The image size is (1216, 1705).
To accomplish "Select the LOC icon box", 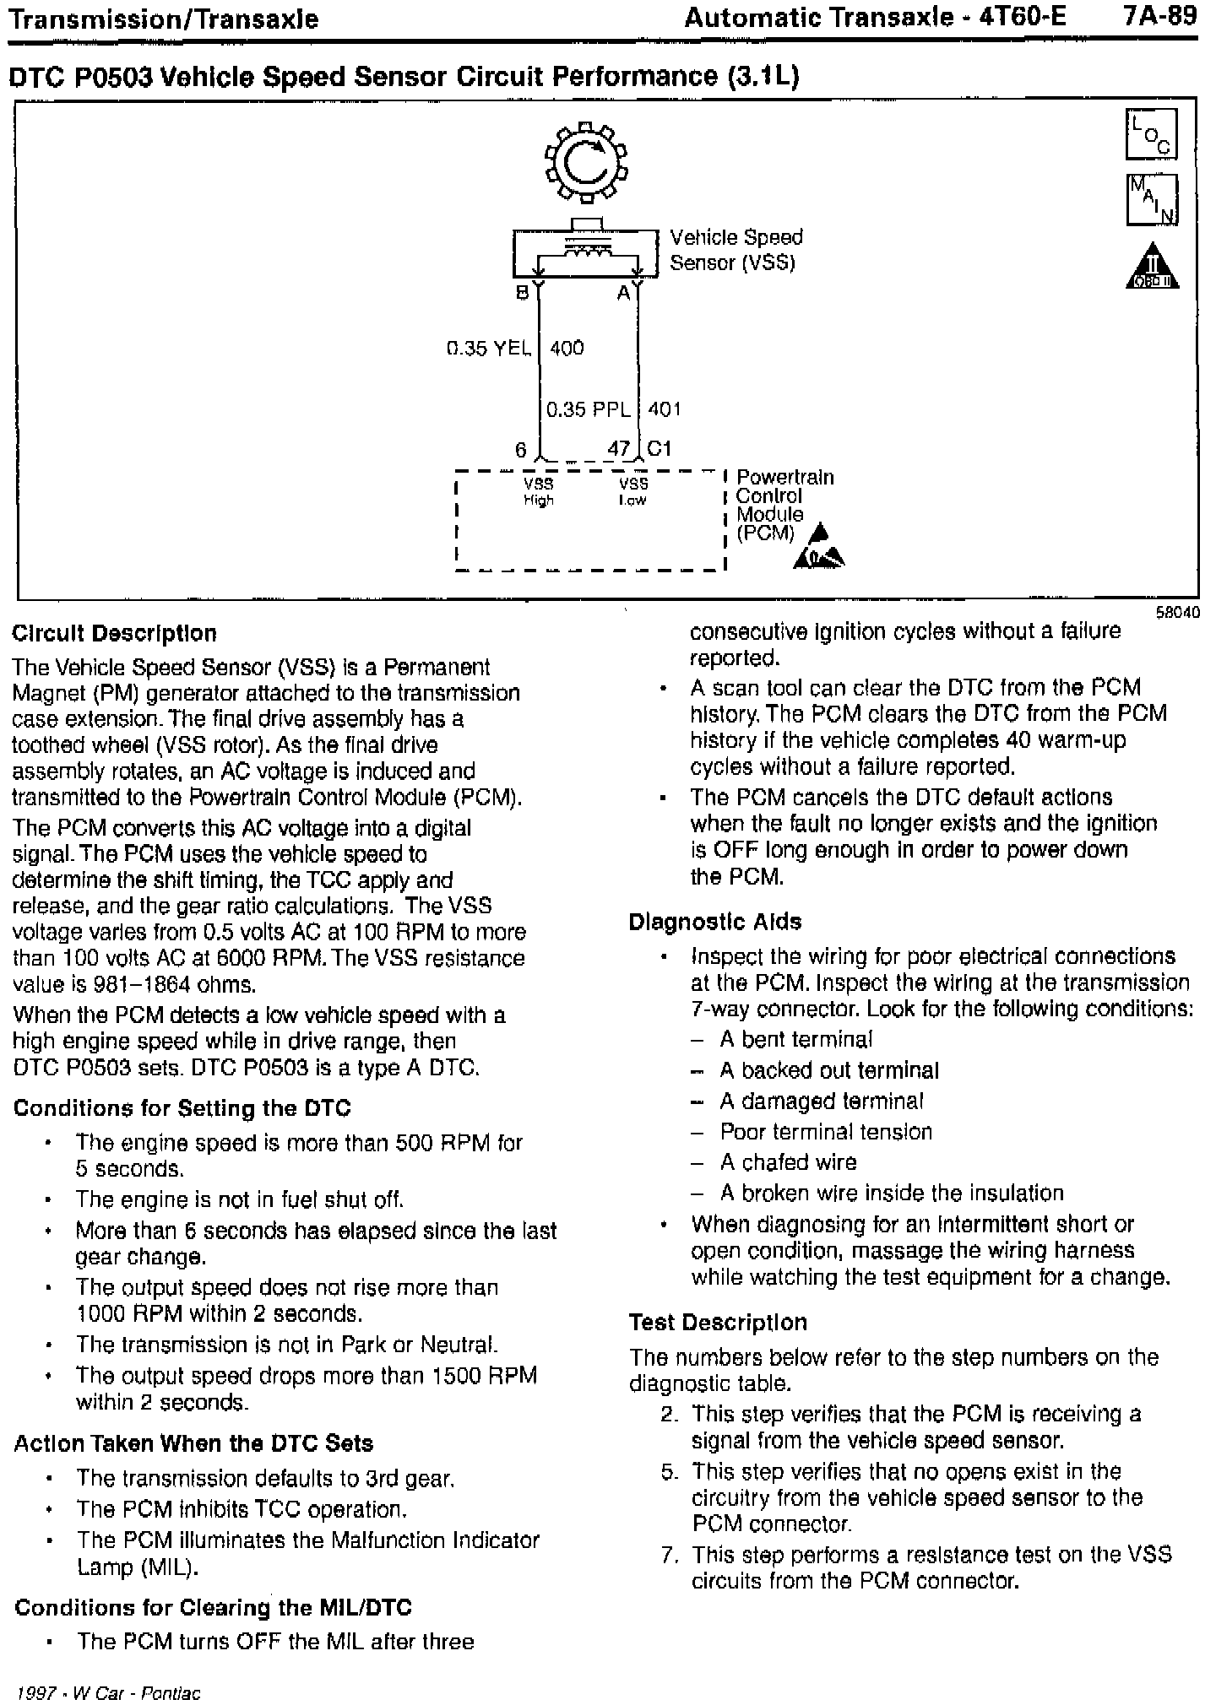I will tap(1151, 135).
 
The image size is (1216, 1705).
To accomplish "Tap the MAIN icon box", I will tap(1151, 200).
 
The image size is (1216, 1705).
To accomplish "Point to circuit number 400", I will tap(567, 348).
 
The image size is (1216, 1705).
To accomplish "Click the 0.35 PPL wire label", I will tap(589, 409).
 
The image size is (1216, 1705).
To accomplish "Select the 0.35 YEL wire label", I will tap(490, 348).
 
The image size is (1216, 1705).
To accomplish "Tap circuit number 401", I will tap(665, 409).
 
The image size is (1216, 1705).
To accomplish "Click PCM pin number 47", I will tap(619, 448).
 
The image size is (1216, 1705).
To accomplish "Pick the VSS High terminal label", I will tap(539, 491).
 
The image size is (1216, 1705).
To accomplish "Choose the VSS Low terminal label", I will tap(632, 491).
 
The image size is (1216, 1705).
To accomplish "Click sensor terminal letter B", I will tap(523, 293).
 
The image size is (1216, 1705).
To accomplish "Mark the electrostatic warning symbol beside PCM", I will tap(819, 549).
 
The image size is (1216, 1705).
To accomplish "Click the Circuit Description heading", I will tap(115, 634).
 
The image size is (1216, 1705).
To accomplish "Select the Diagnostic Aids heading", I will tap(714, 922).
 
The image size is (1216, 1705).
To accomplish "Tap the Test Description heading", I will tap(718, 1323).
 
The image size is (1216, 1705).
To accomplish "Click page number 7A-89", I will tap(1161, 17).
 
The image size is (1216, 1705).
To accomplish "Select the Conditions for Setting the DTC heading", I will tap(182, 1108).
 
